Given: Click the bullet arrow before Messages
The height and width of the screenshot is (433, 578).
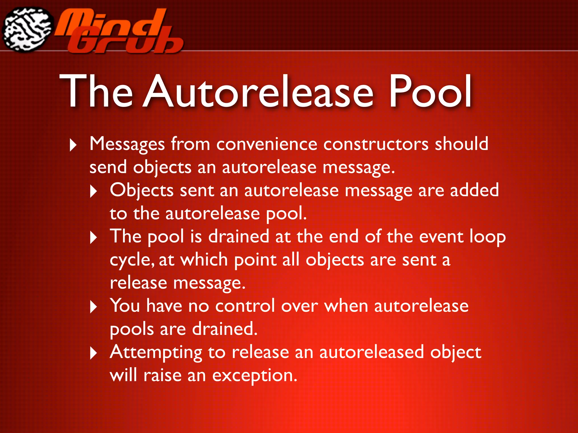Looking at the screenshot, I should [x=73, y=145].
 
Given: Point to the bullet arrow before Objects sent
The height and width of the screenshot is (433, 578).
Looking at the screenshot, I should [x=93, y=192].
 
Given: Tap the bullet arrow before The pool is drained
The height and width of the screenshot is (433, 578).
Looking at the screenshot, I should [x=93, y=238].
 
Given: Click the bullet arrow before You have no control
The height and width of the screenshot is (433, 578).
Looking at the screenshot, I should [x=93, y=307].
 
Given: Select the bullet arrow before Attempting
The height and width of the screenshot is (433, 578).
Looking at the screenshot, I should [x=93, y=353].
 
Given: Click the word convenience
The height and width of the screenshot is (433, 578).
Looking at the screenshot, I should [x=267, y=144].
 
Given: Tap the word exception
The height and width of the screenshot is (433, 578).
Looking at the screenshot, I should [x=255, y=376].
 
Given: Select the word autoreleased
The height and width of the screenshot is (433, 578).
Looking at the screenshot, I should [x=371, y=352].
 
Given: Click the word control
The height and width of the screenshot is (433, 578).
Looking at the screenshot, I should [x=245, y=306].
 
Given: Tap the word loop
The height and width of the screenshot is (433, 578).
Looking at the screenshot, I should [x=487, y=237].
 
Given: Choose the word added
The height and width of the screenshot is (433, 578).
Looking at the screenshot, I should [x=474, y=190].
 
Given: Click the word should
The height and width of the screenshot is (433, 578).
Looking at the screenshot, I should [x=461, y=144].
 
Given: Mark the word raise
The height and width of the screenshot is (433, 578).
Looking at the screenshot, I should [x=162, y=376].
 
